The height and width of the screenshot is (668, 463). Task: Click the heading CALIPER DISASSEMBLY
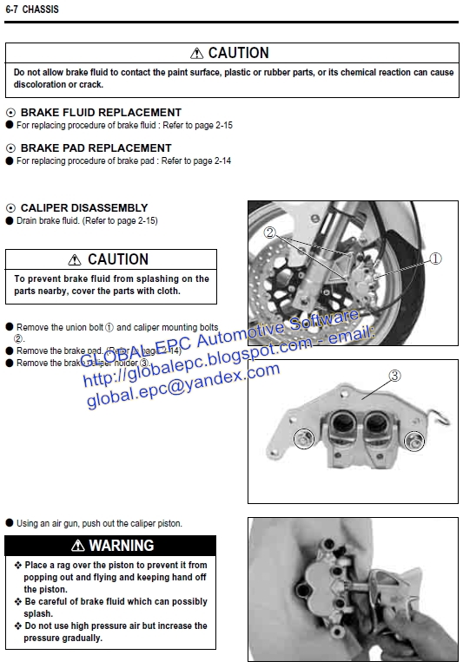tap(84, 208)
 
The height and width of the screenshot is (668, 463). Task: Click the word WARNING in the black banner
tap(121, 546)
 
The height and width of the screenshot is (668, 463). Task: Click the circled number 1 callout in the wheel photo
tap(435, 258)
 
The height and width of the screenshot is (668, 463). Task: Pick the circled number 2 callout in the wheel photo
tap(270, 233)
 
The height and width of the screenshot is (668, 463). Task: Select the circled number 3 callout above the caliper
tap(394, 376)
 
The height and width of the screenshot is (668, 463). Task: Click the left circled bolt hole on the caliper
tap(302, 439)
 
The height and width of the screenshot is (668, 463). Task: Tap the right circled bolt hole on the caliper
tap(415, 442)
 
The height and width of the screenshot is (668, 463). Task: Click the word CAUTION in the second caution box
tap(118, 259)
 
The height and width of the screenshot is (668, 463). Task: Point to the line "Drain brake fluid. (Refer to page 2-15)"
tap(87, 221)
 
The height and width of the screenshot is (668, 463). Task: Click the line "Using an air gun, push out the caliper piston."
tap(99, 523)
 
